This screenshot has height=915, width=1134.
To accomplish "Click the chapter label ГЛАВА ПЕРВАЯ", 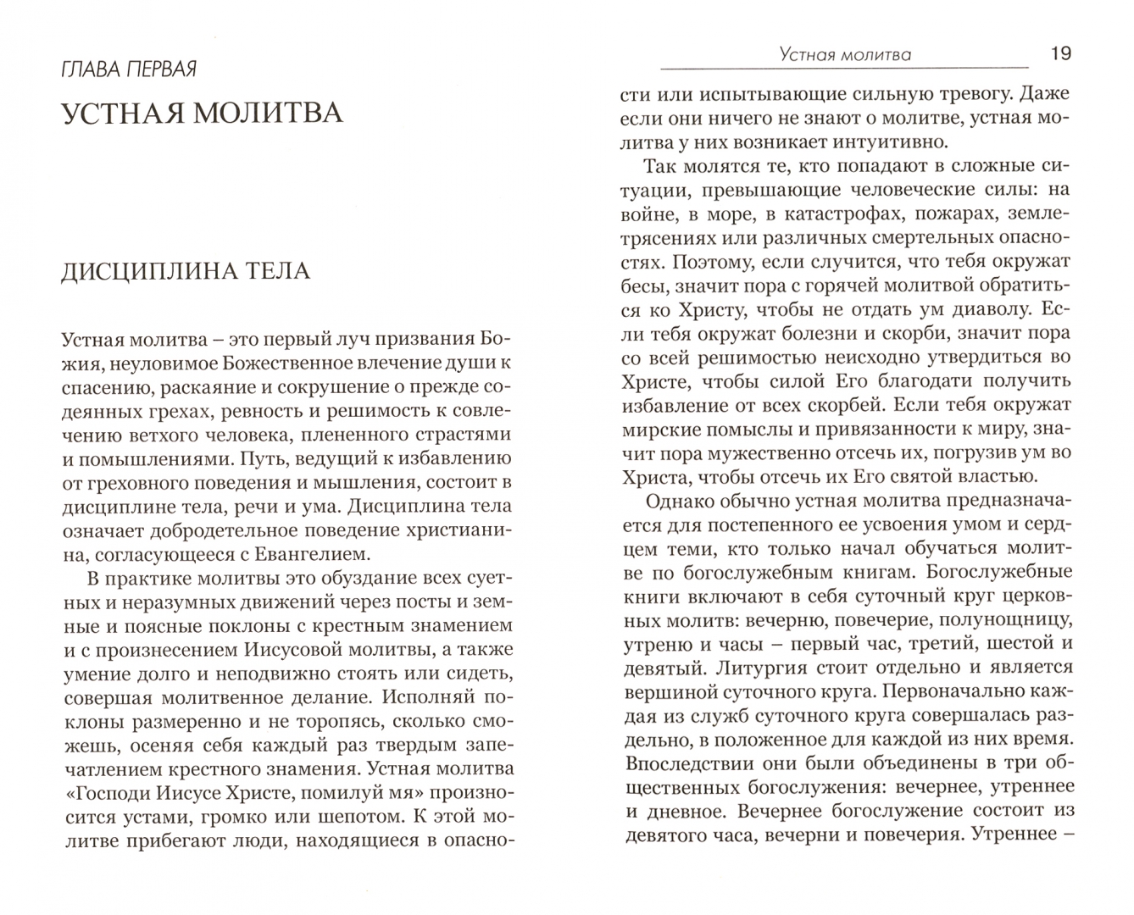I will (x=129, y=69).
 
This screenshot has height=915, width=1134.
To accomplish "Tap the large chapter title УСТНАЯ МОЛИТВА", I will (x=203, y=113).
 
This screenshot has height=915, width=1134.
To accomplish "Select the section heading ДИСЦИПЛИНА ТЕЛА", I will (x=186, y=271).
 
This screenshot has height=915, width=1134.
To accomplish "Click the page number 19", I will (x=1060, y=54).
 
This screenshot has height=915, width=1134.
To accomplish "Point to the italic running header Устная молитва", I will (x=844, y=55).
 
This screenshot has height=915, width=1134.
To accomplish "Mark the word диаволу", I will (x=988, y=309).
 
